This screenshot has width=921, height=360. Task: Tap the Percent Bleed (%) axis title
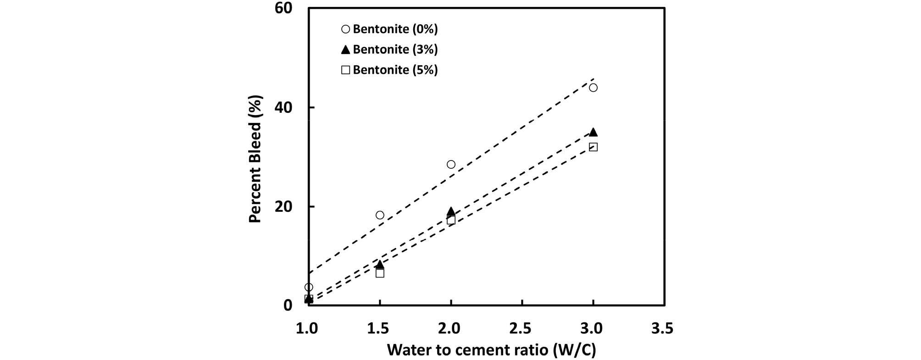(x=255, y=159)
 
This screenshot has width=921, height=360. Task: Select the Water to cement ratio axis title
(x=491, y=350)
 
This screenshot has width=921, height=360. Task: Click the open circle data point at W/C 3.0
(x=593, y=88)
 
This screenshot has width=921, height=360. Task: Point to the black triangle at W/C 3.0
(x=593, y=132)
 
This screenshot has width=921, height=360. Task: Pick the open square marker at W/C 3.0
(x=593, y=147)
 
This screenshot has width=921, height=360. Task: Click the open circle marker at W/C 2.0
(x=451, y=164)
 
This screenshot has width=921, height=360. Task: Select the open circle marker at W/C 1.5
(x=380, y=215)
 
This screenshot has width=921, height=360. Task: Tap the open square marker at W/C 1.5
(x=380, y=273)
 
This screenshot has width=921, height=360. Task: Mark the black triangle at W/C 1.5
(x=380, y=264)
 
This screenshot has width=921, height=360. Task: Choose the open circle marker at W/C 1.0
(x=309, y=287)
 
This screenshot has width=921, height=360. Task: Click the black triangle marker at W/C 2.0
(x=451, y=211)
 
